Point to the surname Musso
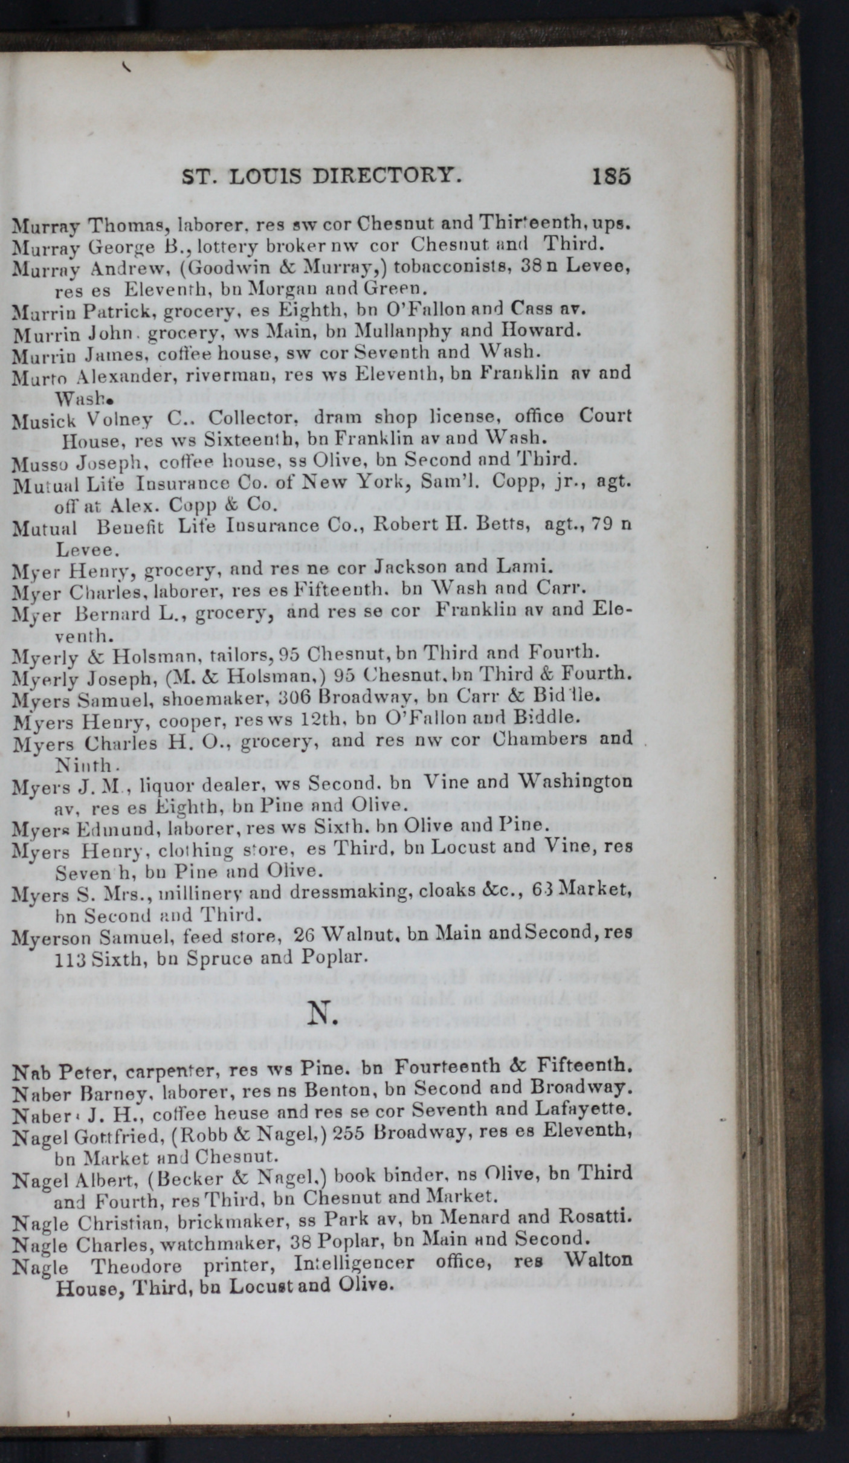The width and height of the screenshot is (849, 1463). pos(35,460)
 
